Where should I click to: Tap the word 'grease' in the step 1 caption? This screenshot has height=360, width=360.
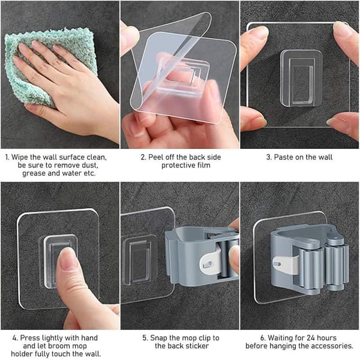point(34,173)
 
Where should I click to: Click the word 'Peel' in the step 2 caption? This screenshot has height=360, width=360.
point(155,157)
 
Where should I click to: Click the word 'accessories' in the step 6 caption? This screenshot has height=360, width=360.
point(331,346)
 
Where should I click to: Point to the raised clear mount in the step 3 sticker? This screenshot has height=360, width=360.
point(301,78)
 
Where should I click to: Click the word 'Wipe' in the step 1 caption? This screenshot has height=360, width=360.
point(20,157)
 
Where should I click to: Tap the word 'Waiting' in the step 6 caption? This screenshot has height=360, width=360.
point(280,338)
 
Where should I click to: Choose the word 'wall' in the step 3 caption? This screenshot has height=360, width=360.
point(325,157)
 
